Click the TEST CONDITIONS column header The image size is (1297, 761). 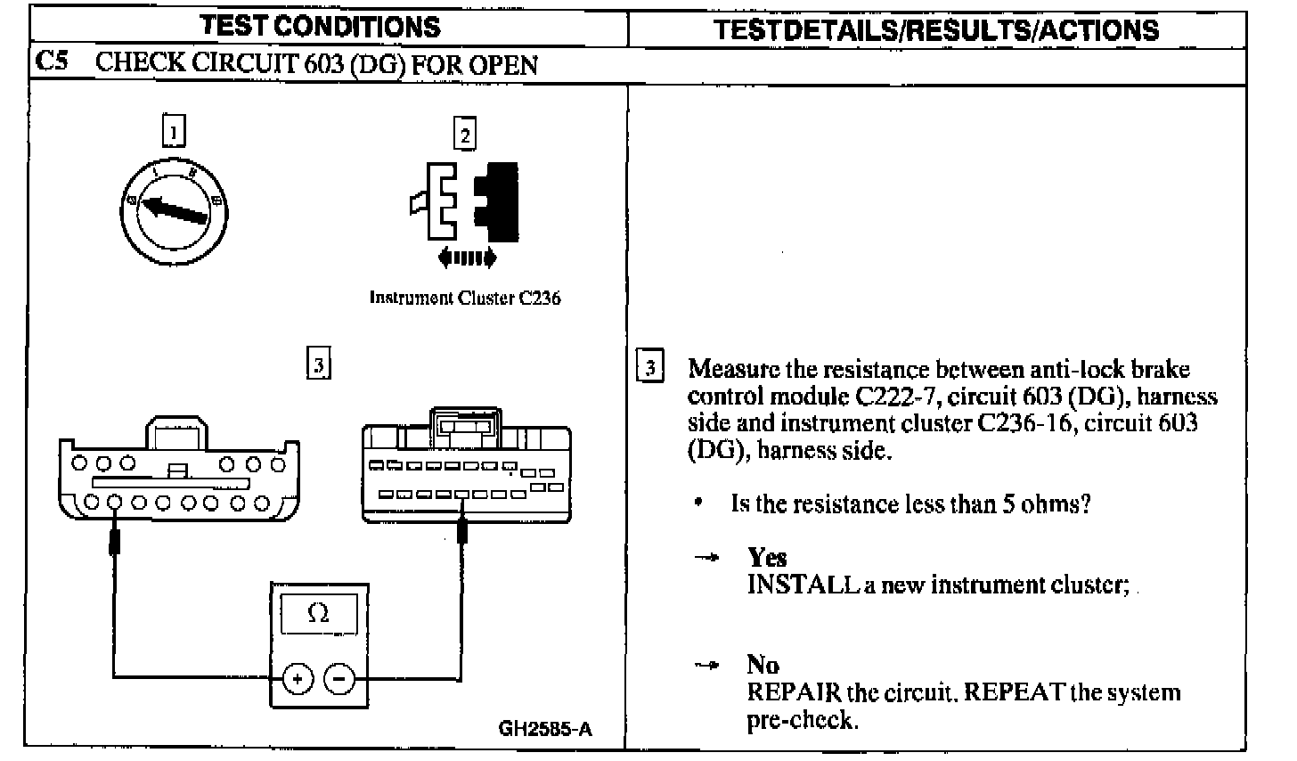point(322,27)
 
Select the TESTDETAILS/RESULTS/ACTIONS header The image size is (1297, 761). point(936,29)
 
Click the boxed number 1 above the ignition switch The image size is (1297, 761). point(175,132)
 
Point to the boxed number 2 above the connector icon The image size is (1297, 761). point(464,135)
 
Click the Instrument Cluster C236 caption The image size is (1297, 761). point(465,299)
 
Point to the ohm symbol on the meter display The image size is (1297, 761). point(317,613)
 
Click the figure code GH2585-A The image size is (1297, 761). point(544,728)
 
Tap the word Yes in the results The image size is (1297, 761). point(767,558)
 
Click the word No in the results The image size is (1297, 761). point(763,665)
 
